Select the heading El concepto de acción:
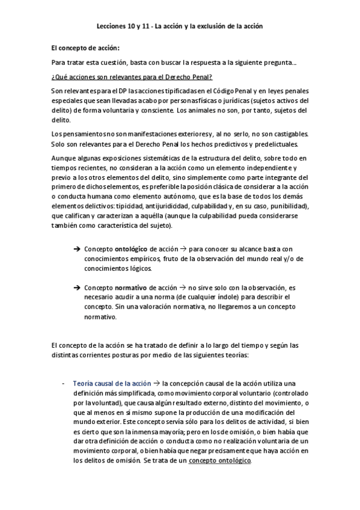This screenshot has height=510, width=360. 85,48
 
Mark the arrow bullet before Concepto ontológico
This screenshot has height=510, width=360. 77,249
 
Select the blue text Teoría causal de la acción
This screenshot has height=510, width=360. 111,384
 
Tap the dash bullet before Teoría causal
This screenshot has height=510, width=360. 64,384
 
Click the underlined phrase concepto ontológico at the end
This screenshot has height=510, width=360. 220,461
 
